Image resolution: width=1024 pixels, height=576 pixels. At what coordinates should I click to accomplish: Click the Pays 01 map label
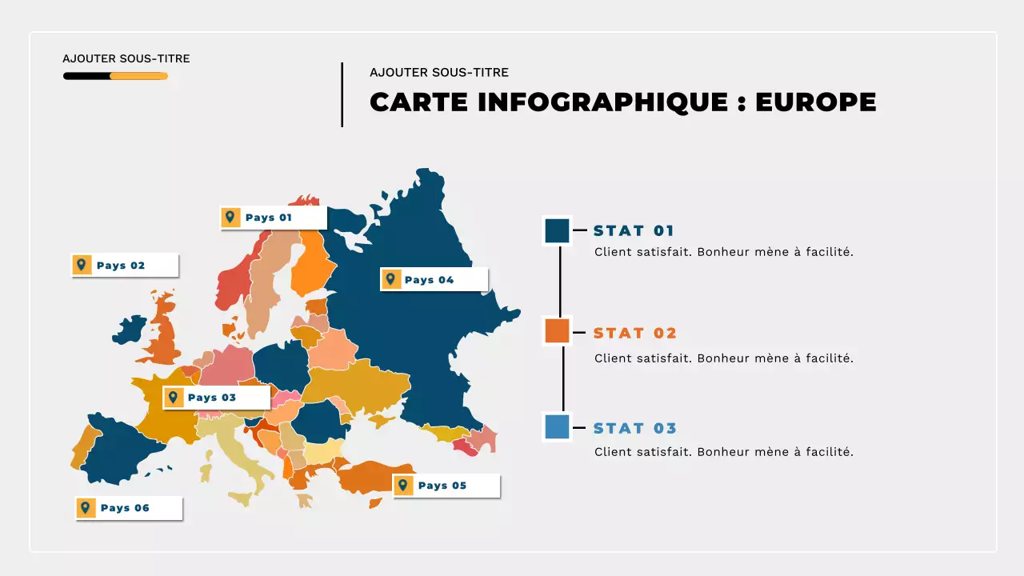[x=273, y=218]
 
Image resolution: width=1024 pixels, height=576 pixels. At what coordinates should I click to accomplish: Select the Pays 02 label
[x=124, y=266]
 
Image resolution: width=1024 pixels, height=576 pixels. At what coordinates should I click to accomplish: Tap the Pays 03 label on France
[x=216, y=398]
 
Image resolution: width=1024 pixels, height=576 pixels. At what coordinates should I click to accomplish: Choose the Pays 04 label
[x=434, y=279]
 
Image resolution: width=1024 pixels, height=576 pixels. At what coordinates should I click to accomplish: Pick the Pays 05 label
[x=446, y=486]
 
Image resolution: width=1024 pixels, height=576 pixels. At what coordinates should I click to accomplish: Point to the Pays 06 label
[x=129, y=508]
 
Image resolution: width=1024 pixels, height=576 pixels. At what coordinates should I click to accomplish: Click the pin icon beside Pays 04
[x=390, y=279]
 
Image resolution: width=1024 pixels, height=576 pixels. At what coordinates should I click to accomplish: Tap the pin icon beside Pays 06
[x=86, y=508]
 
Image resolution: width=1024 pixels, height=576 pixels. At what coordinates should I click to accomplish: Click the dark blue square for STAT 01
[x=557, y=231]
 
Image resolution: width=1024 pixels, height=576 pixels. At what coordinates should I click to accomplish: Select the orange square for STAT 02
[x=557, y=330]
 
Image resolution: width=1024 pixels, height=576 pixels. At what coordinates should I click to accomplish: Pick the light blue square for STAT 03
[x=557, y=427]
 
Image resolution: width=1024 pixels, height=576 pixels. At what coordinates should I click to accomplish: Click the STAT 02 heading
[x=635, y=334]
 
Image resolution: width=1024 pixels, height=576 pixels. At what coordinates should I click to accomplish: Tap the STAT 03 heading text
[x=635, y=428]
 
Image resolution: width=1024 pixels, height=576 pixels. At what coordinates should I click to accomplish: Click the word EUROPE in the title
[x=815, y=102]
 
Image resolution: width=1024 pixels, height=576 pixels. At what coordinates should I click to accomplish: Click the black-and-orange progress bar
[x=115, y=76]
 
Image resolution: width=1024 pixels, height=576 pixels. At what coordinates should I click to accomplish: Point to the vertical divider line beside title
[x=342, y=94]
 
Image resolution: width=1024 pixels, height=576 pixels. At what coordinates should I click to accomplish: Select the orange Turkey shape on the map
[x=376, y=476]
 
